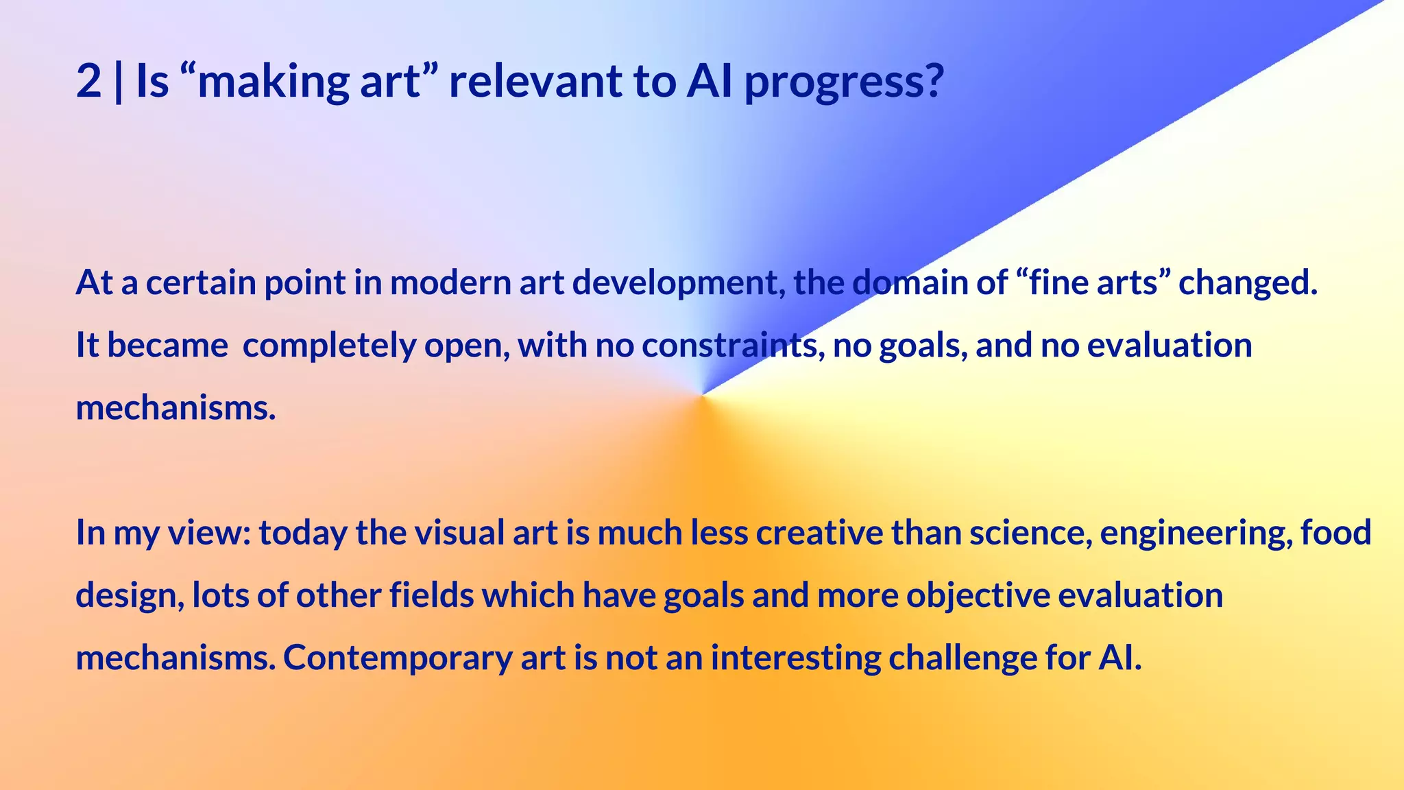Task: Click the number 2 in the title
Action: coord(88,82)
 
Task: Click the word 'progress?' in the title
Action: coord(844,83)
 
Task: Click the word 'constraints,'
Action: coord(733,345)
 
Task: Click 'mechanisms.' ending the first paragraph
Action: coord(175,408)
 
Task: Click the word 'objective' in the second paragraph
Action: coord(978,596)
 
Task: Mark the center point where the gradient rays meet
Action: coord(702,395)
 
